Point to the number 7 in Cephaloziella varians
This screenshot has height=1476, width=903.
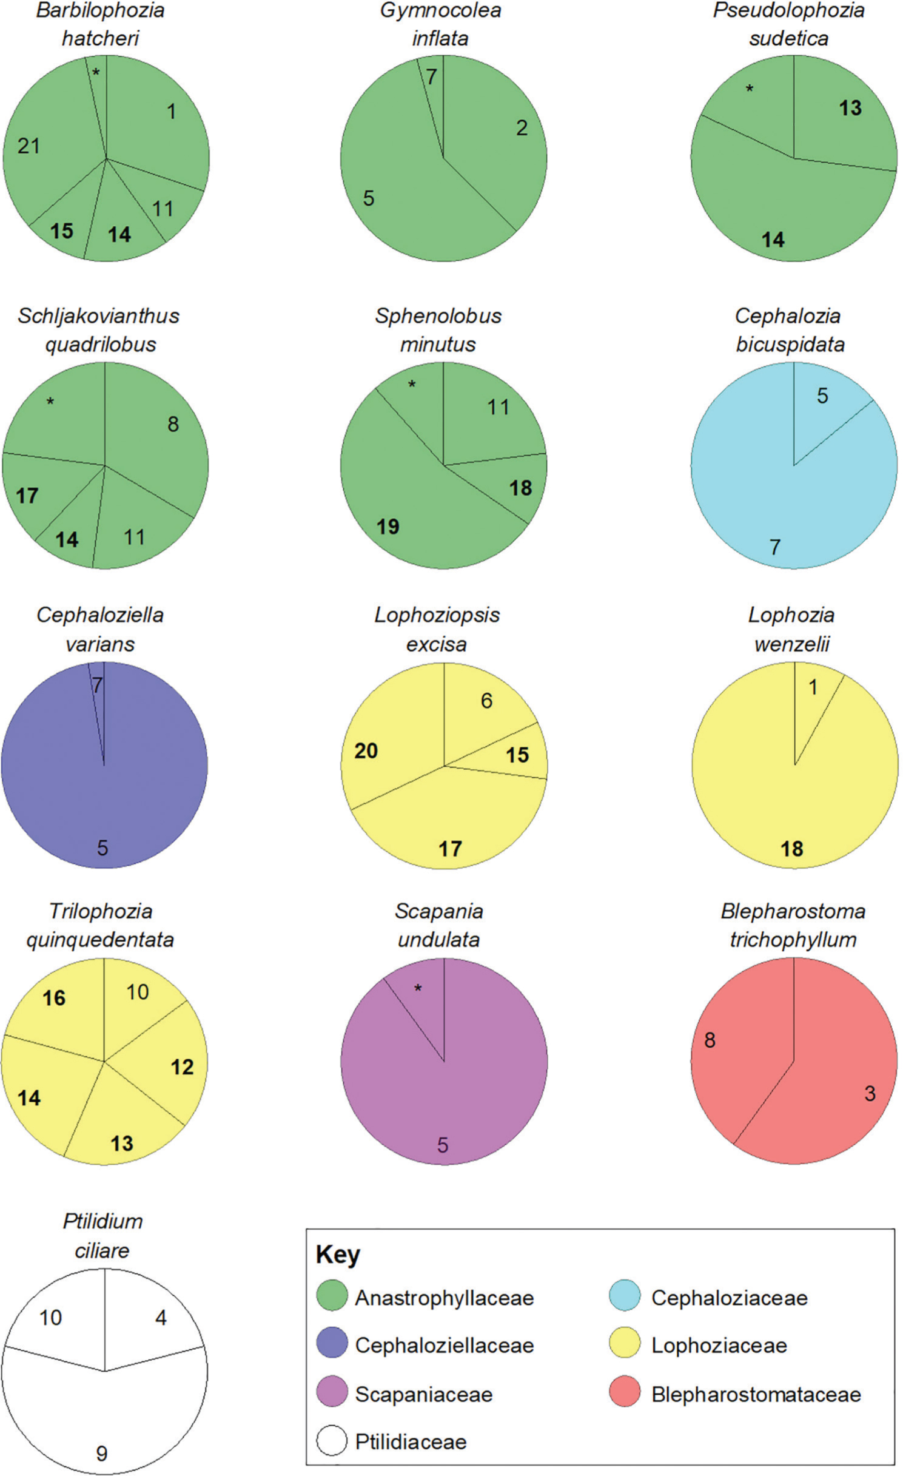(97, 686)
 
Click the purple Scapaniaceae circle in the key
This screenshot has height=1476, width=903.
(332, 1393)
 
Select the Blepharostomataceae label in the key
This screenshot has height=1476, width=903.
(756, 1394)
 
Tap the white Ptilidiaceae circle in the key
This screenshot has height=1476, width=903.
(332, 1441)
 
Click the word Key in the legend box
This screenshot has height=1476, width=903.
(338, 1254)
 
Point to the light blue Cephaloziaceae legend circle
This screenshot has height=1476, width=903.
(625, 1298)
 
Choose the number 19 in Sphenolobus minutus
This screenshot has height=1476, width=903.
(388, 527)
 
